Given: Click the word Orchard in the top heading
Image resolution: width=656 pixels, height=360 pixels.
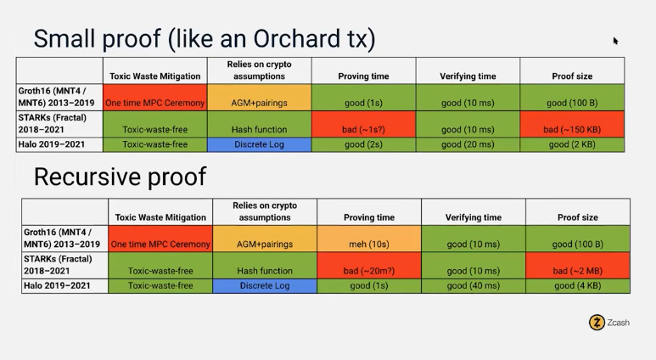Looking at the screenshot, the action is click(x=297, y=38).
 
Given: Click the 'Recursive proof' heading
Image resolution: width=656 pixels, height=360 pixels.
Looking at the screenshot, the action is click(x=120, y=177).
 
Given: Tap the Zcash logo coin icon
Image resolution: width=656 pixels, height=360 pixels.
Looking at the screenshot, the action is click(x=597, y=323).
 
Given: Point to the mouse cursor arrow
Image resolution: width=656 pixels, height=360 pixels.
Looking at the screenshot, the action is click(x=615, y=41).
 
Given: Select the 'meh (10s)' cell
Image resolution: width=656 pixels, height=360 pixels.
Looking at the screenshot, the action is click(x=369, y=239).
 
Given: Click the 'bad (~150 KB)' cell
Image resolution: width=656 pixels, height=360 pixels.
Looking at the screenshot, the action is click(x=572, y=124).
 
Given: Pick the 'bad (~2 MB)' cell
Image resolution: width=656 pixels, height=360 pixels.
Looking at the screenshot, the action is click(x=578, y=266).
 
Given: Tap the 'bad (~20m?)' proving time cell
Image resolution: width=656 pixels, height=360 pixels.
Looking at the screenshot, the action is click(x=369, y=266).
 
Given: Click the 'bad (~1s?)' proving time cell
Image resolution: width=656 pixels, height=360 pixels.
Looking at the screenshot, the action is click(x=363, y=124).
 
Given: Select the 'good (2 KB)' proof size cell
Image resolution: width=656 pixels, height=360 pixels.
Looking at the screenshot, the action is click(x=572, y=144).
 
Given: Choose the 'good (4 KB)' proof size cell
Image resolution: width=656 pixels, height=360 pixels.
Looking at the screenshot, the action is click(x=578, y=286).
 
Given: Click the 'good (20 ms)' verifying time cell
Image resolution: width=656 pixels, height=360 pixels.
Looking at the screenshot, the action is click(x=468, y=144).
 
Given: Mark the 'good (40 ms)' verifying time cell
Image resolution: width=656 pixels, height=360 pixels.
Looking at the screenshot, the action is click(x=474, y=286).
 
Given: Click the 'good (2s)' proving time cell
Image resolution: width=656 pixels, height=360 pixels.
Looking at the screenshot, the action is click(x=363, y=144).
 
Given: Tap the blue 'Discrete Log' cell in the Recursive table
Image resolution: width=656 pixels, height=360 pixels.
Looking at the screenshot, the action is click(x=265, y=286).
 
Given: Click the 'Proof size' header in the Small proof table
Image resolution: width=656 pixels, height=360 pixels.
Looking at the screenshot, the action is click(x=572, y=76).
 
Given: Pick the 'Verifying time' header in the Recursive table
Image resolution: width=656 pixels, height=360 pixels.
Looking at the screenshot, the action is click(x=474, y=217).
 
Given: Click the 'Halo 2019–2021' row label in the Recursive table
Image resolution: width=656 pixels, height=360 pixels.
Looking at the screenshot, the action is click(x=57, y=285).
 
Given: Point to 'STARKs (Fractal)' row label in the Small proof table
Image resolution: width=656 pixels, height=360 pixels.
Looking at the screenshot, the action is click(x=53, y=118).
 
